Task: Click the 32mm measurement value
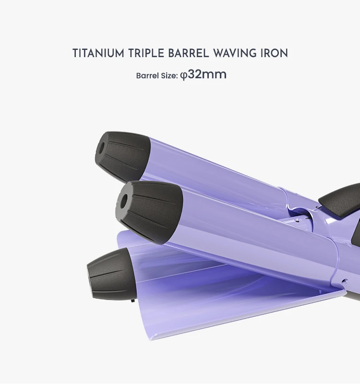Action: tap(207, 75)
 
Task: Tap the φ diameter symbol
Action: tap(183, 76)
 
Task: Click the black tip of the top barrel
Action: tap(122, 156)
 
